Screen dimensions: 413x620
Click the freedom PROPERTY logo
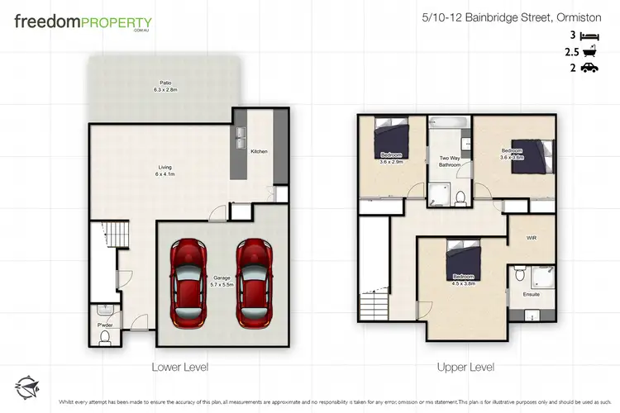coord(82,23)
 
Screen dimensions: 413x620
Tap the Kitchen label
coord(260,152)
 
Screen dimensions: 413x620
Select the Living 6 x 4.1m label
coord(165,171)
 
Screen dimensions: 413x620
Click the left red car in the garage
coord(188,281)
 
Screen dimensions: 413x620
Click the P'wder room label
coord(105,325)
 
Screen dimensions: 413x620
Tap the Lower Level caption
coord(179,366)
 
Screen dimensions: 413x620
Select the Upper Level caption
coord(467,366)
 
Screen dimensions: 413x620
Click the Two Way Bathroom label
coord(449,161)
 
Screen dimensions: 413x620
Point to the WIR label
coord(532,238)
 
